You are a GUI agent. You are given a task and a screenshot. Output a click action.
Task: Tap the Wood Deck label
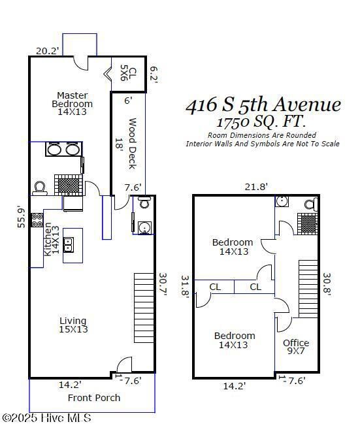coord(131,143)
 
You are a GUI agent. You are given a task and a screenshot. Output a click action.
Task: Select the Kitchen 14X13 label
coord(51,240)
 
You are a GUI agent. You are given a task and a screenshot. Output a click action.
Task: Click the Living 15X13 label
coord(73,325)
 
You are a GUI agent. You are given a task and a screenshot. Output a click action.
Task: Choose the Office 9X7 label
coord(296,347)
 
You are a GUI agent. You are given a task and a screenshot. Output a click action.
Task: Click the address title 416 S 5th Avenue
coord(263,105)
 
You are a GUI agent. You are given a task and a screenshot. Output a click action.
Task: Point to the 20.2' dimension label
coord(48,50)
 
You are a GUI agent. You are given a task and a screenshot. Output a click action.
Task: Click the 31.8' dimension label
coord(184,286)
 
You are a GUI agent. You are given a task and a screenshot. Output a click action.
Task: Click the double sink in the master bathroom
coord(63,149)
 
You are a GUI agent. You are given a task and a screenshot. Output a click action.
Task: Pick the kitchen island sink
coord(73,245)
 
